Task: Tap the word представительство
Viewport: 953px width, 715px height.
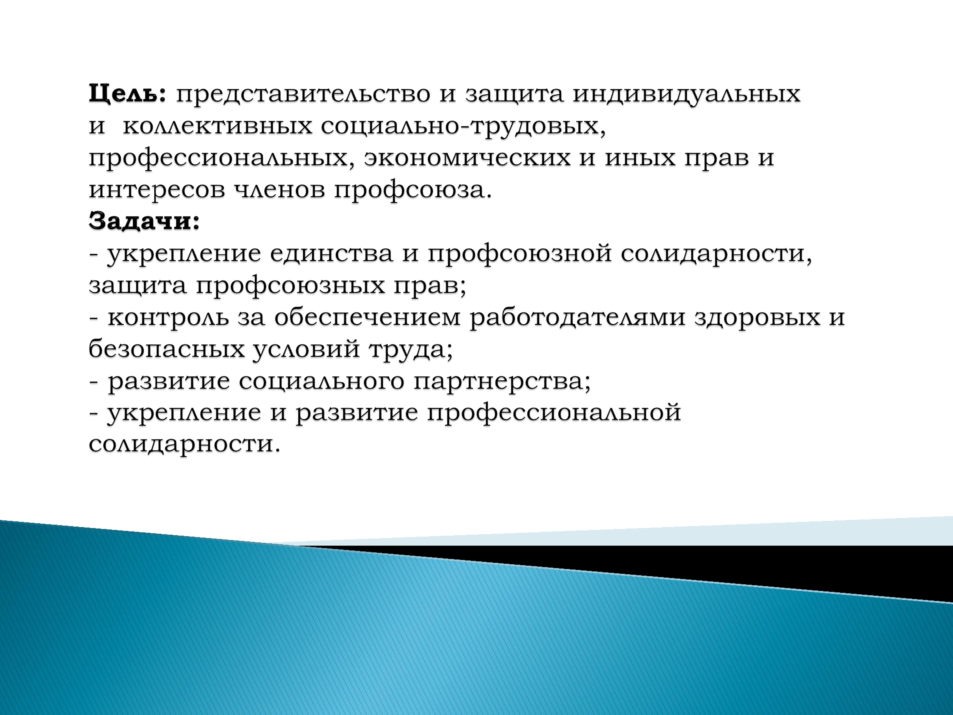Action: [303, 94]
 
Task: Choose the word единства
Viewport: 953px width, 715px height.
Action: [332, 253]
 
